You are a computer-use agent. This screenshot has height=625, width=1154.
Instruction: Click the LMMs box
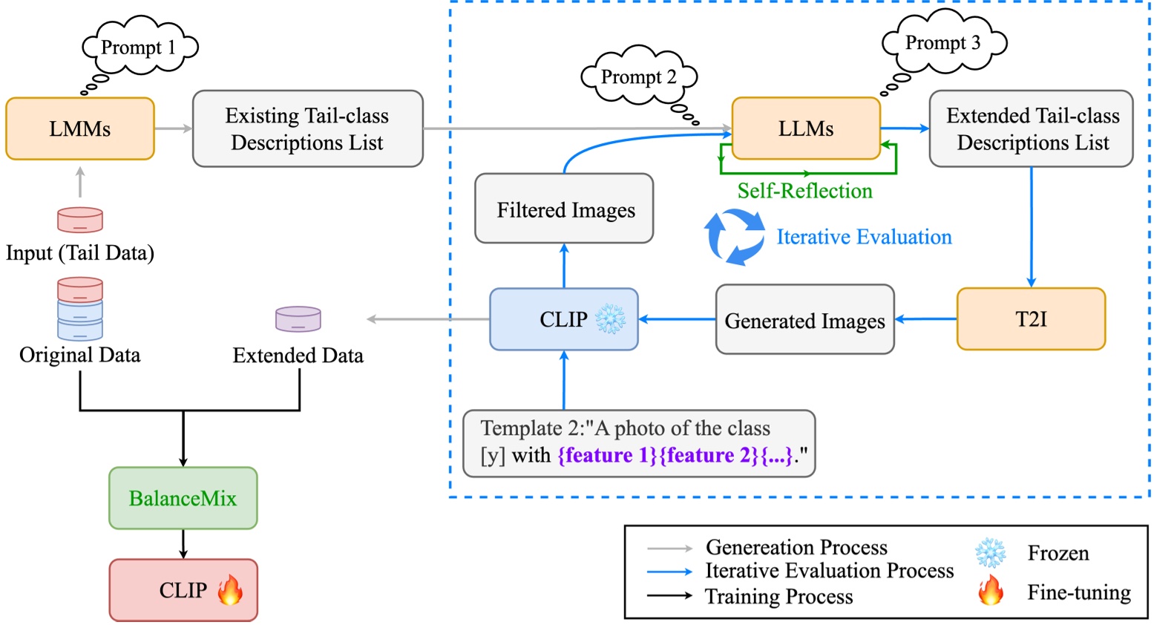[x=80, y=129]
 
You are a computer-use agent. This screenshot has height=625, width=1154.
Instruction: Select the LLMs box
[x=806, y=128]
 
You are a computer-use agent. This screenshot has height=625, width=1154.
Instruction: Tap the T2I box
[x=1031, y=319]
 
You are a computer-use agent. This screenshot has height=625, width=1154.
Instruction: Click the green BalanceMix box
[x=183, y=498]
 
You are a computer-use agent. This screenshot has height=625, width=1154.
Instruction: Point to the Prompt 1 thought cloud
[x=139, y=47]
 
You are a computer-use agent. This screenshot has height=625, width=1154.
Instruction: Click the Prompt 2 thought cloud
[x=639, y=76]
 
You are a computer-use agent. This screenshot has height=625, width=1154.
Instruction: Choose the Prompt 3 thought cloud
[x=943, y=42]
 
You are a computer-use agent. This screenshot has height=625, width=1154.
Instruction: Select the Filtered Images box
[x=564, y=209]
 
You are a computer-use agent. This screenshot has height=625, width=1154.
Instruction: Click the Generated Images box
[x=804, y=320]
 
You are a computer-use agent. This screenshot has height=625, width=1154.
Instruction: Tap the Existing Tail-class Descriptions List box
[x=307, y=129]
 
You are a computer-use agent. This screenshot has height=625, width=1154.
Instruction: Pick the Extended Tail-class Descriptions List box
[x=1032, y=129]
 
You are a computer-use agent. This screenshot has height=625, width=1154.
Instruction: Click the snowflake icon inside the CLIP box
[x=611, y=319]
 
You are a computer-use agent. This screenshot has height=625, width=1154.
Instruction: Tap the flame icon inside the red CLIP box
[x=230, y=591]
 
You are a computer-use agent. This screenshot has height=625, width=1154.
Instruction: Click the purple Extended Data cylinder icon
[x=298, y=319]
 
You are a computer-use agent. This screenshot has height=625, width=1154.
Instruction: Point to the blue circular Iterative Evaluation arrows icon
[x=734, y=237]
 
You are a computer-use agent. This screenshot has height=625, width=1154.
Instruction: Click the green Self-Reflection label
[x=804, y=191]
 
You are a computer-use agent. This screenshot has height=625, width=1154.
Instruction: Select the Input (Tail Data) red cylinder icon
[x=80, y=220]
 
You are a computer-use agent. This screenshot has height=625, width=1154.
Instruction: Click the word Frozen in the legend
[x=1058, y=553]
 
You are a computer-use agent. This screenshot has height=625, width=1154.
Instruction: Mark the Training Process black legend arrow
[x=669, y=595]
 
